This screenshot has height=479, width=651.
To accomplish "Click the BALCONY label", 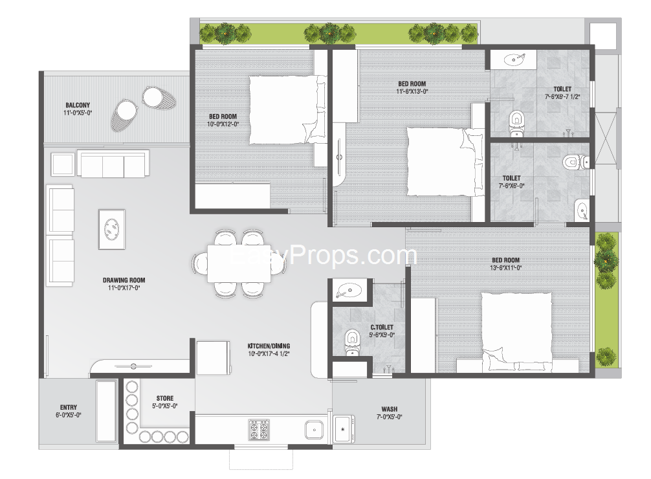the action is point(78,105).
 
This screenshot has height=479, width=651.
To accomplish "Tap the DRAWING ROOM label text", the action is point(124,280).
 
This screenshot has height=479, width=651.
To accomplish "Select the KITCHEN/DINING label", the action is point(269,346).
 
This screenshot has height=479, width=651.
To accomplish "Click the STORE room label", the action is point(165,398).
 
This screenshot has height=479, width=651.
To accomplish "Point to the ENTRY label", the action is point(69,407).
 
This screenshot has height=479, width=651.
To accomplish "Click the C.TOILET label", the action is point(382,328).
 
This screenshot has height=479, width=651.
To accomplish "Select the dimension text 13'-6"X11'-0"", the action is point(505,268).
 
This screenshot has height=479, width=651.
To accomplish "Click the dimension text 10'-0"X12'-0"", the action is point(223,124).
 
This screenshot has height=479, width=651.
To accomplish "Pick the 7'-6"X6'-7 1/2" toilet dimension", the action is point(562,97).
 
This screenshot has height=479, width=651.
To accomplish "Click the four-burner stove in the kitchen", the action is point(259,430).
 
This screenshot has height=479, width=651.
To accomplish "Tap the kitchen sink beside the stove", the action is point(314,430).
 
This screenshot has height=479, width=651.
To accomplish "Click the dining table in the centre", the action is point(239,263).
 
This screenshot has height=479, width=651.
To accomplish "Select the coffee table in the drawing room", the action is point(112,229).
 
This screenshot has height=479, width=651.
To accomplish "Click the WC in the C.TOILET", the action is point(352,342).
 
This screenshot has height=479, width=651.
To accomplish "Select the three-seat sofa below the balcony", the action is point(113,164).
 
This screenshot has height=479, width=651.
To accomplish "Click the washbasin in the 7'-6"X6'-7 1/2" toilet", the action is point(514,60).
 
